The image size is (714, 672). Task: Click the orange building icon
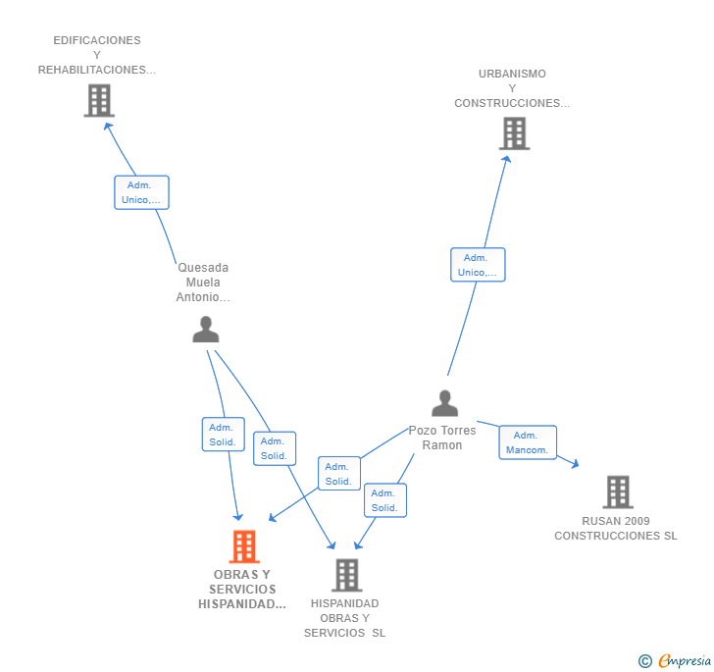pos(244,546)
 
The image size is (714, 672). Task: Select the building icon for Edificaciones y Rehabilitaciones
pos(99,100)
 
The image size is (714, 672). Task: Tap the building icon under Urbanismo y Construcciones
pos(515,133)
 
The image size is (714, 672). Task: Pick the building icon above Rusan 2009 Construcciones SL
pos(618,492)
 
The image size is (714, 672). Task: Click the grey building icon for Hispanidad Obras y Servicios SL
pos(347,575)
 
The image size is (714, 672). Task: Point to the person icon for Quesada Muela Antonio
pos(206,329)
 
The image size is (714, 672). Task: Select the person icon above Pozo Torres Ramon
pos(445,403)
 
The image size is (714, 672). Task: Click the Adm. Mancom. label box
pos(528,442)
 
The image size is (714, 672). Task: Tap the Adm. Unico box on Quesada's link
pos(141,192)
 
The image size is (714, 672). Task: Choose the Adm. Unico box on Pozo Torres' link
pos(479,265)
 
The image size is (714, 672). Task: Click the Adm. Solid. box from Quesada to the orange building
pos(224,435)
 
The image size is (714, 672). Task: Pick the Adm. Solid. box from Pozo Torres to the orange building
pos(339,474)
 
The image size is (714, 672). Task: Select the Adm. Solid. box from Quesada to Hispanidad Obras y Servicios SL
pos(275,448)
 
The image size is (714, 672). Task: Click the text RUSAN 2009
pos(616,521)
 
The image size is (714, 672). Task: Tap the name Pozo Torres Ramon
pos(442,438)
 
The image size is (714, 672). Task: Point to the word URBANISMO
pos(512,74)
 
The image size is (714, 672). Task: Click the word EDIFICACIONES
pos(97,40)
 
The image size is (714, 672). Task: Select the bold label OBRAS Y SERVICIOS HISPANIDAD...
pos(242,589)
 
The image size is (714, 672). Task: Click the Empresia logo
pos(675,660)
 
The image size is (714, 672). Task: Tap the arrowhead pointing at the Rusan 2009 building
pos(576,464)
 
